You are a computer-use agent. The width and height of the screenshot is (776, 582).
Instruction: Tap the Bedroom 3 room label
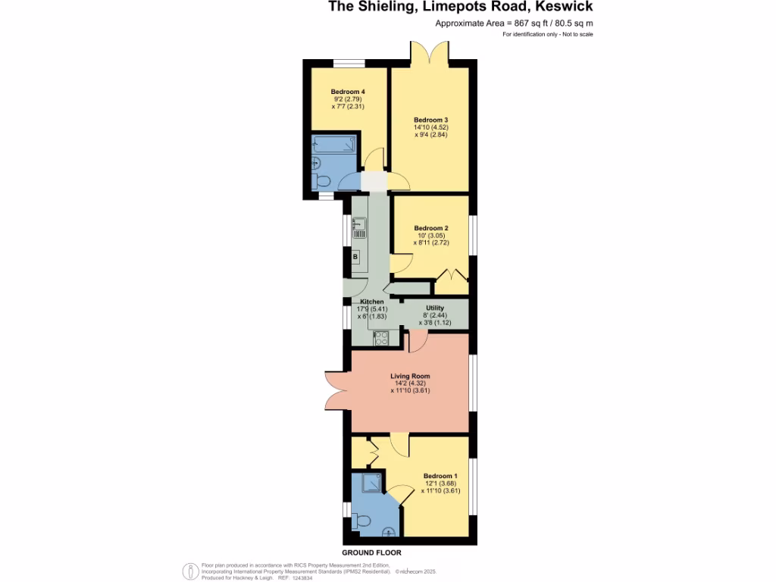430,120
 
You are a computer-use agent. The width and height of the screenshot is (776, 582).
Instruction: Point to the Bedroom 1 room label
440,475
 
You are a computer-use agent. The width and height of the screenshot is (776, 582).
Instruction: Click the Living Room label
410,376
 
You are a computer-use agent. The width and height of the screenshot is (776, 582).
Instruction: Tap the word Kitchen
372,302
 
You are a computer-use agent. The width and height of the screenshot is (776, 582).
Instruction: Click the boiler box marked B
355,258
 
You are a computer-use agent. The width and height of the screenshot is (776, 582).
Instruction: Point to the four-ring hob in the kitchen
380,338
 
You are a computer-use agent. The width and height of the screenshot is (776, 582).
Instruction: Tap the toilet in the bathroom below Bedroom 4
321,180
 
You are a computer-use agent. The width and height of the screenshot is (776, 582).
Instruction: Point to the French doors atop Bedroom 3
430,52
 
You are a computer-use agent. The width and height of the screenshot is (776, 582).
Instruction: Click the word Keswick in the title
565,8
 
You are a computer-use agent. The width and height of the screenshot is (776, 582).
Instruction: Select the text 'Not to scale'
577,35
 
